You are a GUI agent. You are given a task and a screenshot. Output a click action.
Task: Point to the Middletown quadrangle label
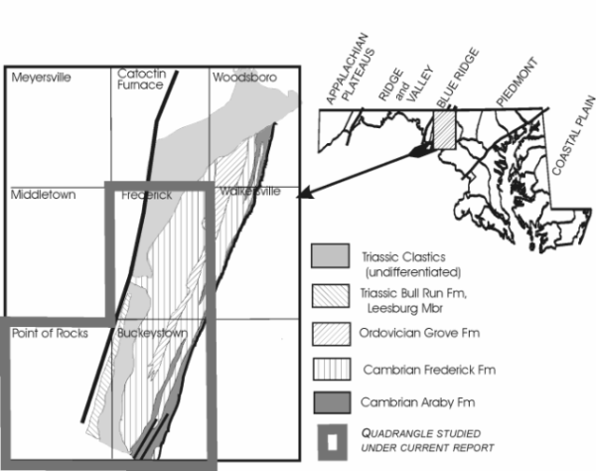pyautogui.click(x=43, y=195)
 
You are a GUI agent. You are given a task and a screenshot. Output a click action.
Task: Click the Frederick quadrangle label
pyautogui.click(x=145, y=196)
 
